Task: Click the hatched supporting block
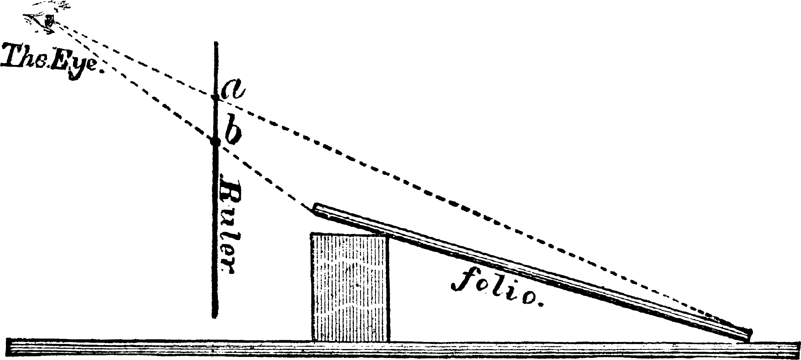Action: pos(350,287)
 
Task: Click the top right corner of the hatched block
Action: pos(390,234)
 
